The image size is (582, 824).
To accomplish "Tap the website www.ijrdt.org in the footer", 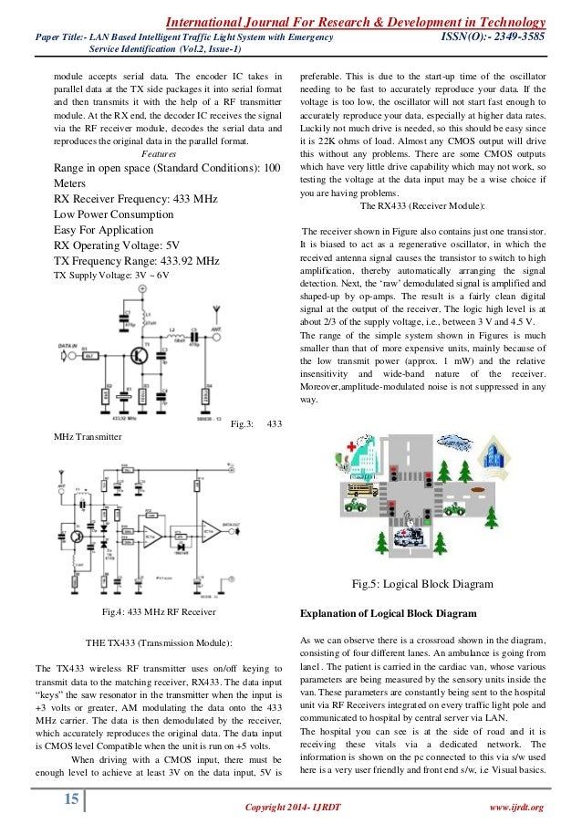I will coord(517,807).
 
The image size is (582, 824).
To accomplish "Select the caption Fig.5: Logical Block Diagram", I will coord(422,584).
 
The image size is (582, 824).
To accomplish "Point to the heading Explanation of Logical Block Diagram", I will coord(396,611).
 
